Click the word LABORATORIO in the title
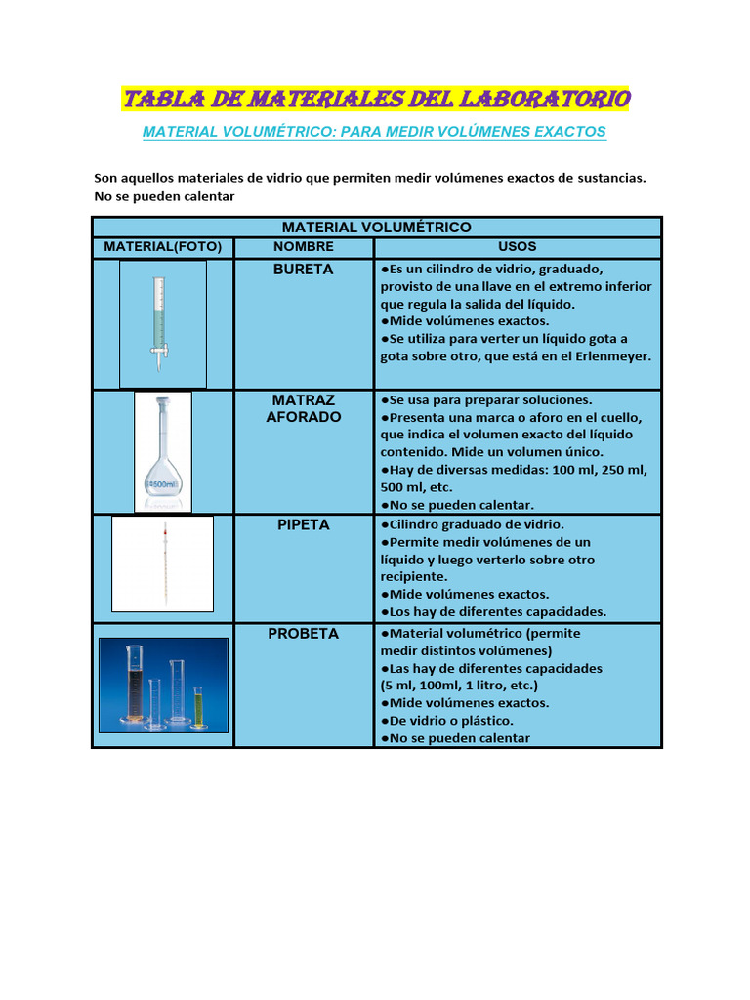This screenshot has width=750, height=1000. point(547,99)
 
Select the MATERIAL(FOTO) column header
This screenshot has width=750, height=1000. point(163,247)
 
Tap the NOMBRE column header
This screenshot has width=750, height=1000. point(304,247)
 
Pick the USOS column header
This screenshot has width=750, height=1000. point(518,247)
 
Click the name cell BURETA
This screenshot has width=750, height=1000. point(304,269)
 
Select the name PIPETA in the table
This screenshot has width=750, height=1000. point(304,524)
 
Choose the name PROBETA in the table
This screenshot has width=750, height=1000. point(304,633)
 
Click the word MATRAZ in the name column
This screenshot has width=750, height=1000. point(304,400)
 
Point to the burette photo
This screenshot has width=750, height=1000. point(162,323)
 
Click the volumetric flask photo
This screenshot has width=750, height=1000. point(162,451)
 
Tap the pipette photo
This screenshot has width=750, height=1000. point(162,563)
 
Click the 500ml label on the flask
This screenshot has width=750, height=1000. point(162,484)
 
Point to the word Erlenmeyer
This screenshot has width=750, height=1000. point(611,356)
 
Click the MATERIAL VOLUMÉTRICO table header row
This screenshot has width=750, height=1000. point(376,227)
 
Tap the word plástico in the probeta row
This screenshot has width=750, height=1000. point(483,720)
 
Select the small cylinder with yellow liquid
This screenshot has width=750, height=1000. point(198,706)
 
